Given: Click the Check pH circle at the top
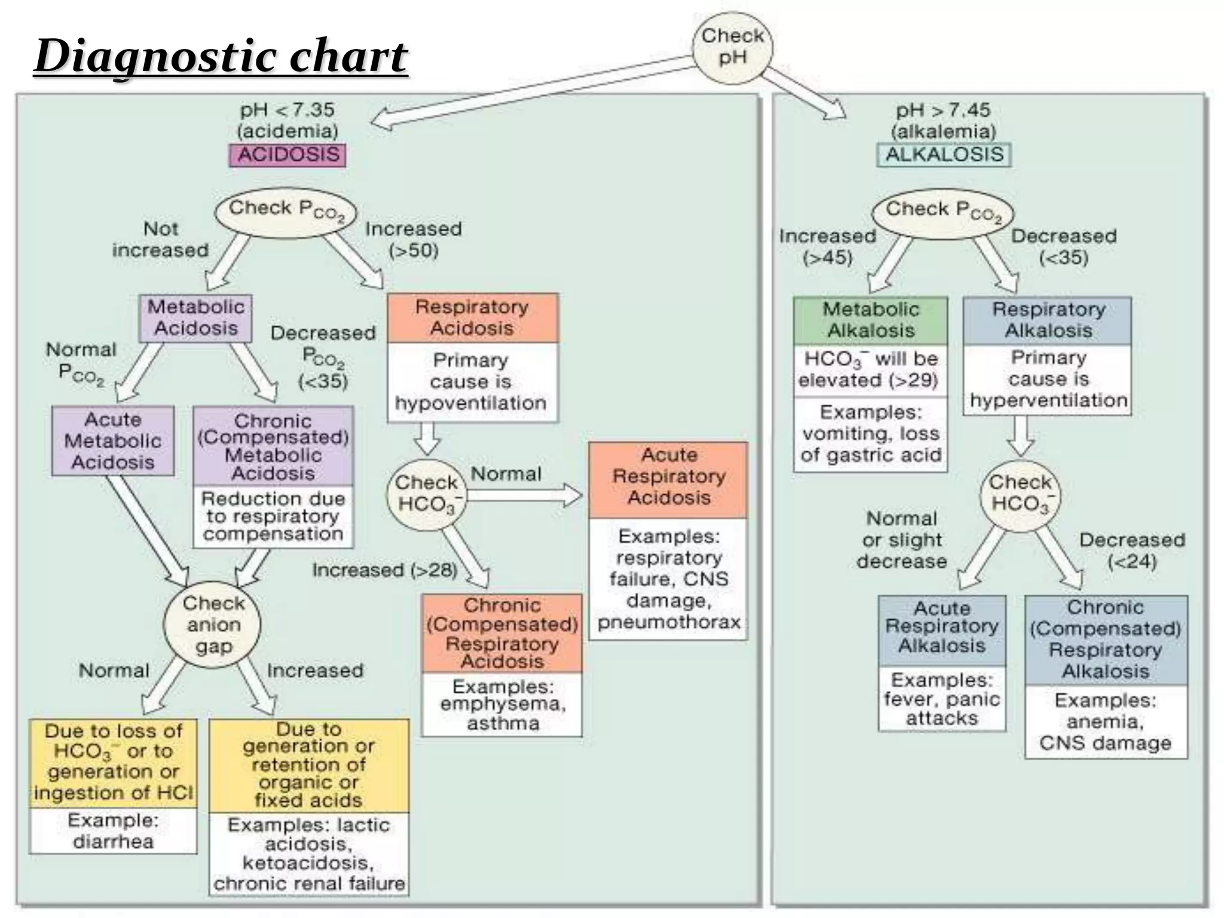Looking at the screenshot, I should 732,47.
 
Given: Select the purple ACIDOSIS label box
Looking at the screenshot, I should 287,155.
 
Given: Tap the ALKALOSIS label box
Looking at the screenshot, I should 944,155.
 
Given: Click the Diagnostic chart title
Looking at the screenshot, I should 221,57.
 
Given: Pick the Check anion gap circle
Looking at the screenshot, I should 213,625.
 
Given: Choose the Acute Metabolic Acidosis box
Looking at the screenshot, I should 113,441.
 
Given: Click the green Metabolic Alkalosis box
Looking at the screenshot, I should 870,320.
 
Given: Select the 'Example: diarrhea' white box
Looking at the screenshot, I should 113,831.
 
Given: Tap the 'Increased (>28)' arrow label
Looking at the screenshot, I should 384,570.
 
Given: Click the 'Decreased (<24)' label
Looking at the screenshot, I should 1131,550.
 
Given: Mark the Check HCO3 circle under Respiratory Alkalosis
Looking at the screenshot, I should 1020,494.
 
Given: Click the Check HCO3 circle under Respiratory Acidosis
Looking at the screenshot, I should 427,494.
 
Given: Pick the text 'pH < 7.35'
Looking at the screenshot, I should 287,110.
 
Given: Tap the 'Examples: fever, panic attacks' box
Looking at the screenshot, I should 941,699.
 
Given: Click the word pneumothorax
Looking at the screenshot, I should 668,622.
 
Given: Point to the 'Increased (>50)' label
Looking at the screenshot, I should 413,239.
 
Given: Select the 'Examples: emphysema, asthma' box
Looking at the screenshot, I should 502,705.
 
